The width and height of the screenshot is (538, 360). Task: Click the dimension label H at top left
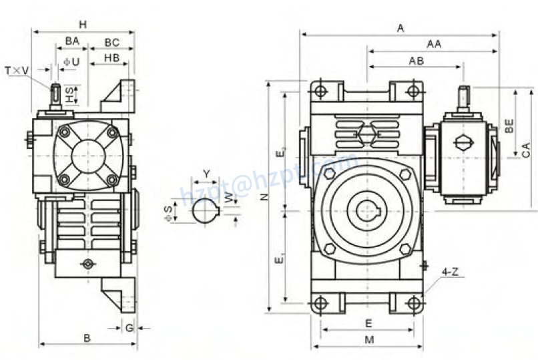[x=83, y=25]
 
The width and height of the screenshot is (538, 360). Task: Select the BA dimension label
[x=72, y=41]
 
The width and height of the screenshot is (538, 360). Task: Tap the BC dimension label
[x=111, y=41]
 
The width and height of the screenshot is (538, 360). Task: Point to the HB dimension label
[x=111, y=58]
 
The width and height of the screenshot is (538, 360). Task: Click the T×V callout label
[x=17, y=70]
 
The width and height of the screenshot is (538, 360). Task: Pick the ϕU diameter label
[x=71, y=61]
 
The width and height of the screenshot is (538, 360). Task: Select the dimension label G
[x=129, y=327]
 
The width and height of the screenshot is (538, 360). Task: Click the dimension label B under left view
[x=87, y=338]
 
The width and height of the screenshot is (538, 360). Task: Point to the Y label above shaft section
[x=206, y=174]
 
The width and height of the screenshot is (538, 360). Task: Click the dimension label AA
[x=434, y=44]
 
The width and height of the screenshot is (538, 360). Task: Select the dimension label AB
[x=416, y=61]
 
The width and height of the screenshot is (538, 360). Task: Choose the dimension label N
[x=264, y=196]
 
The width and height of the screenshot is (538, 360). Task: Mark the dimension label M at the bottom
[x=368, y=339]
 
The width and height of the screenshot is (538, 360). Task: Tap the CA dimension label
[x=526, y=150]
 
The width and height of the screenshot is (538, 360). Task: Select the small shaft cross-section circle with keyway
[x=206, y=210]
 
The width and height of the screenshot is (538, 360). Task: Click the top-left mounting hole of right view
[x=320, y=90]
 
